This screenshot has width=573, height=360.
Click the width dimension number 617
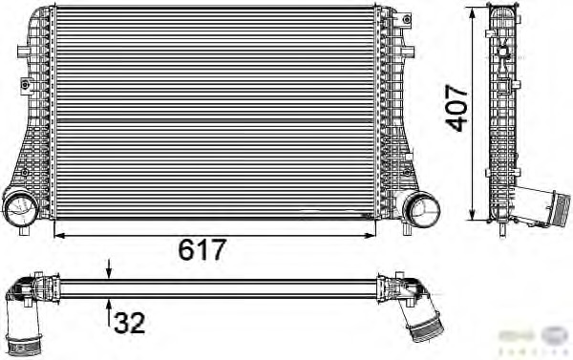click(x=203, y=249)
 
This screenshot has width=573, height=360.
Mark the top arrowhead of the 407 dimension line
click(x=475, y=11)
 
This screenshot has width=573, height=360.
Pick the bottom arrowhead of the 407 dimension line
click(x=475, y=215)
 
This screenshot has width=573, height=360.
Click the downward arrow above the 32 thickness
click(x=109, y=270)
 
